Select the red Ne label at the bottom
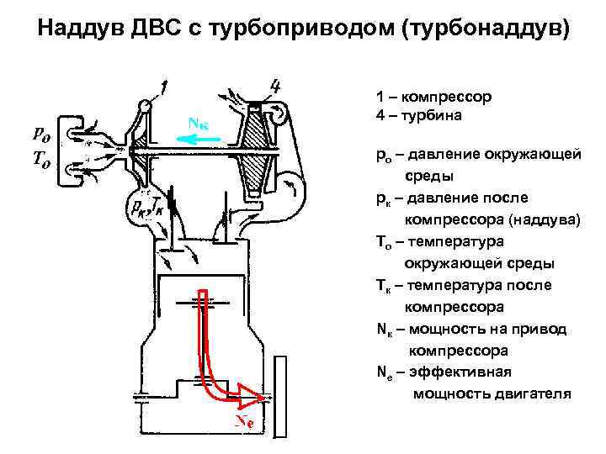tap(245, 420)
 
